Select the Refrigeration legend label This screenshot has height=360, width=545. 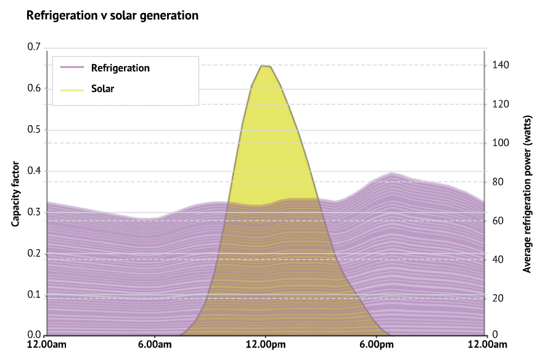click(120, 68)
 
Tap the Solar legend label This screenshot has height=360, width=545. click(102, 88)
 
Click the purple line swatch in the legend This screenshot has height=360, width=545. click(72, 68)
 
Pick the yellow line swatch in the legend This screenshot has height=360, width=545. click(72, 89)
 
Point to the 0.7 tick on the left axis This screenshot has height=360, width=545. click(33, 47)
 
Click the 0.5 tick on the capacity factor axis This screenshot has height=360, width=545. click(33, 130)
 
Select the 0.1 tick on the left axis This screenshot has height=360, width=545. click(33, 295)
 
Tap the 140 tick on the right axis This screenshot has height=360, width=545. click(500, 65)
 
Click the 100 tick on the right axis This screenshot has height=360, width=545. click(500, 143)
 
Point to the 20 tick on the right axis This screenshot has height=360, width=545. click(498, 298)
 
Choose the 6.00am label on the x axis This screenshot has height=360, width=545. click(155, 344)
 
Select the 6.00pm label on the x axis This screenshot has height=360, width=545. click(375, 344)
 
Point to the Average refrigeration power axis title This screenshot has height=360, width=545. click(528, 194)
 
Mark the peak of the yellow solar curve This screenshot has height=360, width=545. click(264, 65)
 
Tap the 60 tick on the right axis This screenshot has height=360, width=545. click(498, 221)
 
